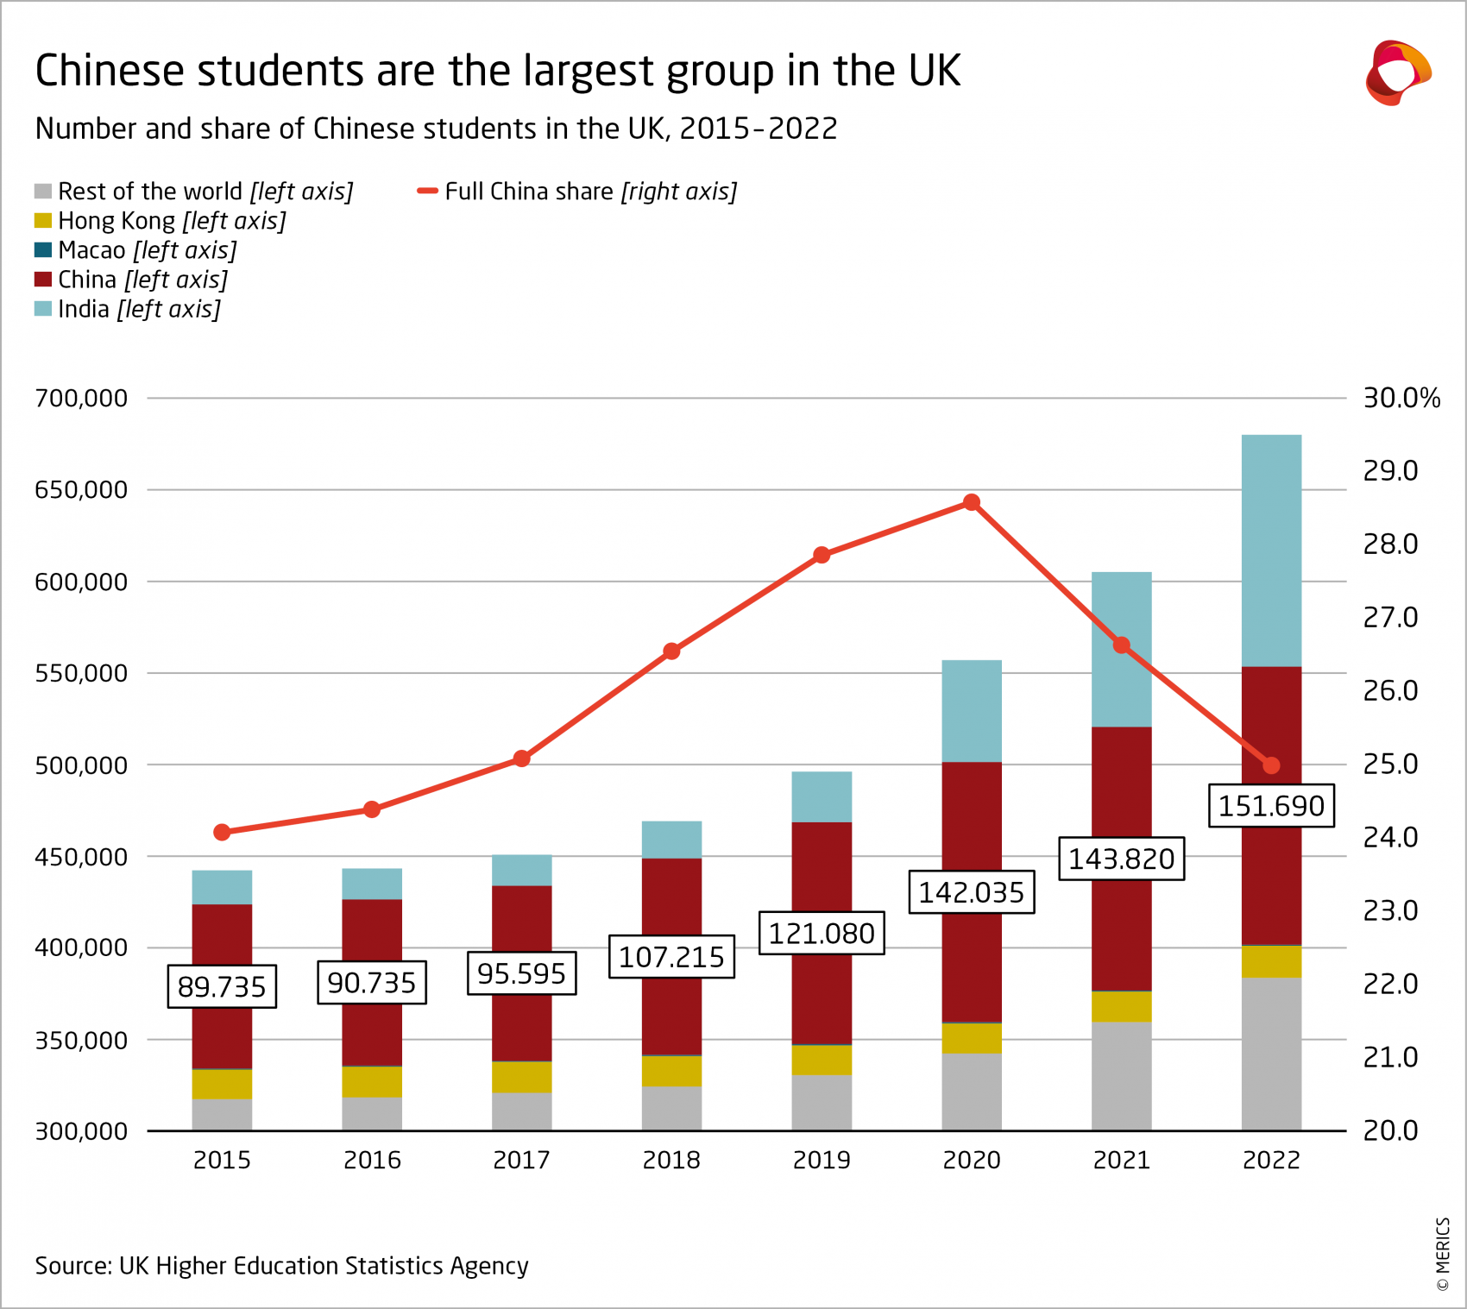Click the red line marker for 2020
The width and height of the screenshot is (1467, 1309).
(972, 502)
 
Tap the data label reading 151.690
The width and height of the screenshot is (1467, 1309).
(1271, 806)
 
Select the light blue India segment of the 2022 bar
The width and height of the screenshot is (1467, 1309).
(1271, 551)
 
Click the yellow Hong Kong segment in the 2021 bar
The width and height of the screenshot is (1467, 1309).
(1121, 1006)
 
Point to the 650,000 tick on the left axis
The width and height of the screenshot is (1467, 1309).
(81, 490)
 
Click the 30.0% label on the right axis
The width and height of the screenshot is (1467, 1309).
(1401, 398)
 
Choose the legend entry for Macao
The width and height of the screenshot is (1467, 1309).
(147, 250)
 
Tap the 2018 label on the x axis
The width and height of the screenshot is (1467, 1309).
(671, 1160)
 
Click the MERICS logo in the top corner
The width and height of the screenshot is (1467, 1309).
(1397, 72)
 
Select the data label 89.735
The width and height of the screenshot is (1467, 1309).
(222, 986)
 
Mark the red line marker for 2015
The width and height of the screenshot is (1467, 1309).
(222, 832)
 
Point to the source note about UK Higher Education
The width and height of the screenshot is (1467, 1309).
(281, 1265)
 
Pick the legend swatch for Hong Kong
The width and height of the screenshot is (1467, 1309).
(43, 221)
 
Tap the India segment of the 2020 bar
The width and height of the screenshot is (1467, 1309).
(972, 711)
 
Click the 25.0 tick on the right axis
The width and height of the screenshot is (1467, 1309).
(1389, 764)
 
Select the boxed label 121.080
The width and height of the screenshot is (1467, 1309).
(822, 933)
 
